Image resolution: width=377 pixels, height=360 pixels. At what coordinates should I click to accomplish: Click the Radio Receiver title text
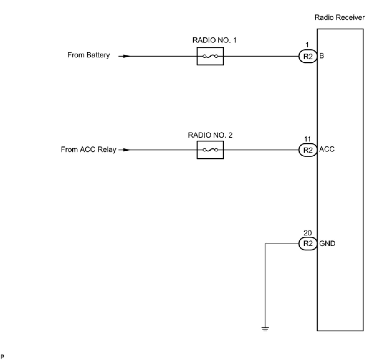[x=339, y=17]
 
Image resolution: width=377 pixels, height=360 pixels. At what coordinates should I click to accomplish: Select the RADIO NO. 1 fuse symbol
[x=210, y=56]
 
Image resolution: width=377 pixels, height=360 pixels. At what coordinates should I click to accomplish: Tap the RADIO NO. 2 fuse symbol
[x=210, y=150]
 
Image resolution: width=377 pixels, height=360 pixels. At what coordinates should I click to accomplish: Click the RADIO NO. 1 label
[x=214, y=40]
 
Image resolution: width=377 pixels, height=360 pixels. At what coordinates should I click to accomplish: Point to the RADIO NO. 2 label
[x=210, y=135]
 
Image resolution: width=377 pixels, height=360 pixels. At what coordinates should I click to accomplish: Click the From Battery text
[x=88, y=55]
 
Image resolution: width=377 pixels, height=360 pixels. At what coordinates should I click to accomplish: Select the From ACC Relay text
[x=88, y=149]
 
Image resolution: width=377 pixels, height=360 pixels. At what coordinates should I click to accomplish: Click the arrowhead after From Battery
[x=126, y=56]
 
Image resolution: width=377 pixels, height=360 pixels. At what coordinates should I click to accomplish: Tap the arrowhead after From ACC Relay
[x=126, y=150]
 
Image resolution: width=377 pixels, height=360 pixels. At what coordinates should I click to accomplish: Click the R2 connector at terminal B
[x=308, y=56]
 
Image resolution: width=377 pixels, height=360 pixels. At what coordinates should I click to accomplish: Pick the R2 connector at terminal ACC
[x=308, y=150]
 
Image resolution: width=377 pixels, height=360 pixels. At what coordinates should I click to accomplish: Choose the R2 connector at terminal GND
[x=308, y=244]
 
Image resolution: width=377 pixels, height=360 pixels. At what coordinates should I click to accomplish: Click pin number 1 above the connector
[x=307, y=45]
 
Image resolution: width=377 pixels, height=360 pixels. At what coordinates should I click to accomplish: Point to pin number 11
[x=308, y=139]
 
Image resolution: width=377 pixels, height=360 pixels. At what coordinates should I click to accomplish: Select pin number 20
[x=308, y=233]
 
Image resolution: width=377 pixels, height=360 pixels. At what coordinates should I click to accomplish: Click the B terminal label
[x=322, y=56]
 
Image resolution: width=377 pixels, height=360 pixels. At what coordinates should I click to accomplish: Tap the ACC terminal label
[x=327, y=149]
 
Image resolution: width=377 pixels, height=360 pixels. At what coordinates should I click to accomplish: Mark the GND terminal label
[x=327, y=244]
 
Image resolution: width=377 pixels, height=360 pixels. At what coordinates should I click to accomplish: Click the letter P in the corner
[x=3, y=357]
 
